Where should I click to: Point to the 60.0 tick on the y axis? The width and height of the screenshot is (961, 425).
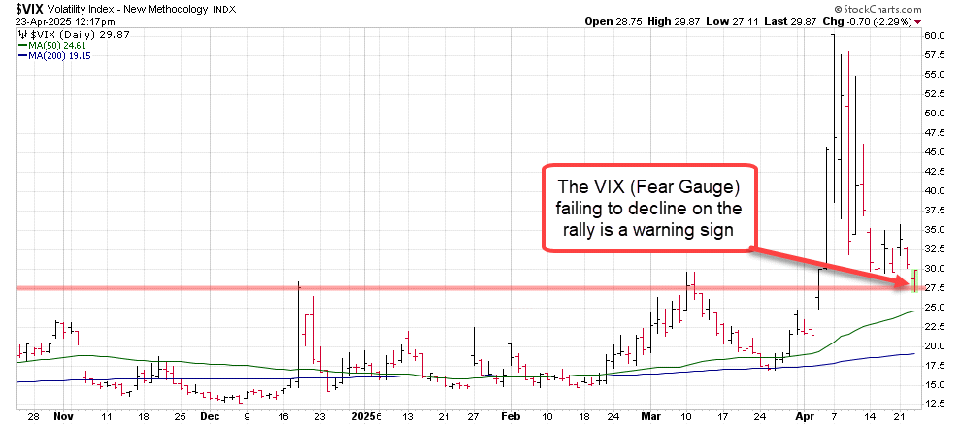click(936, 35)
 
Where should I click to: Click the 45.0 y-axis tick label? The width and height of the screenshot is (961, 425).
click(936, 151)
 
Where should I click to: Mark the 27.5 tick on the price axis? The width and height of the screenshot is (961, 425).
click(936, 288)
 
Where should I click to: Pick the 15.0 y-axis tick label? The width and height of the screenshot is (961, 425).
click(936, 385)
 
